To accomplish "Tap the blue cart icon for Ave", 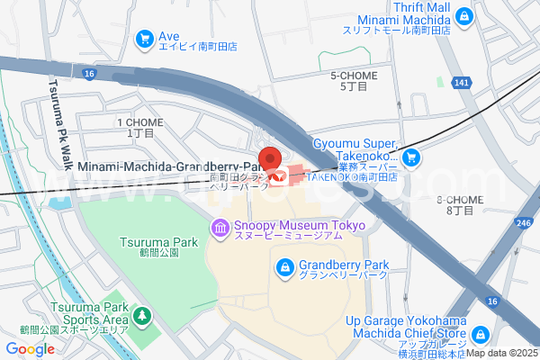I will click(x=144, y=39).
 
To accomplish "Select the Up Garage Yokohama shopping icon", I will click(x=481, y=334).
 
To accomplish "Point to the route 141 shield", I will click(x=462, y=83).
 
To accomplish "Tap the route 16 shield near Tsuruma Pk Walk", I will click(x=87, y=72).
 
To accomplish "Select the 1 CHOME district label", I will click(x=139, y=127).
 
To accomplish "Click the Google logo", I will click(x=30, y=349).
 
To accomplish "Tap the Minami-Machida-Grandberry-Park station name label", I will click(x=166, y=166).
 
